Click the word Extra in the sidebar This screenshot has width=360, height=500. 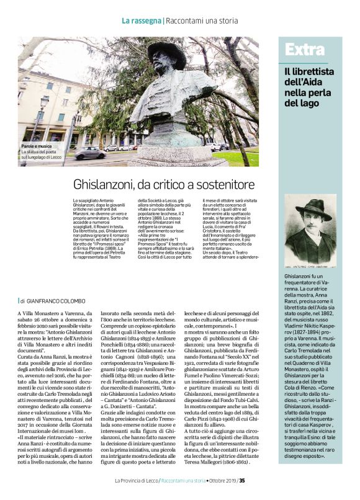(x=302, y=50)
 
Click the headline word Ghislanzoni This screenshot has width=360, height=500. (x=107, y=185)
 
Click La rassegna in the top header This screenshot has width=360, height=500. (x=141, y=20)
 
